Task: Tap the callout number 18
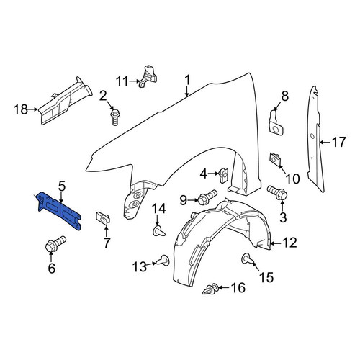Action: (x=20, y=109)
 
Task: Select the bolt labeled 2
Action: (x=115, y=117)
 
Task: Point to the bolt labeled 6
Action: (x=55, y=244)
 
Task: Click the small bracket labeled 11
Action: (x=148, y=76)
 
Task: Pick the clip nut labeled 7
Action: (x=103, y=217)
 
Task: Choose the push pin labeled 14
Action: (x=158, y=231)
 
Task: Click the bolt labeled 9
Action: (x=207, y=197)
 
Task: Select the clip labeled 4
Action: (x=224, y=175)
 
